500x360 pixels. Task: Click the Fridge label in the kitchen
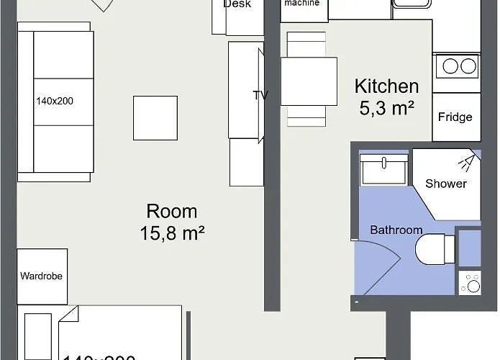pos(455,117)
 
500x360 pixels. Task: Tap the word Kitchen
pos(386,87)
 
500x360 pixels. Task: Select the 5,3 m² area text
pos(386,109)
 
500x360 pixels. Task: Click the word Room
pos(172,212)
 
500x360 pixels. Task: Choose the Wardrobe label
pos(40,276)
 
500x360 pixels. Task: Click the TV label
pos(260,95)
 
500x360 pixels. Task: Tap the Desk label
pos(237,4)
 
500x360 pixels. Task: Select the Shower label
pos(446,184)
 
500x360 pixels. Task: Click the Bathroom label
pos(396,230)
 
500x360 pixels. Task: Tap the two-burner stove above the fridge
pos(457,66)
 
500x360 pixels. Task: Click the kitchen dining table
pos(309,81)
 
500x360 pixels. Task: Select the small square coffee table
pos(155,118)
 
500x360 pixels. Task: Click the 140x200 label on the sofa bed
pos(55,101)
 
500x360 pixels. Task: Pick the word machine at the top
pos(301,4)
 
